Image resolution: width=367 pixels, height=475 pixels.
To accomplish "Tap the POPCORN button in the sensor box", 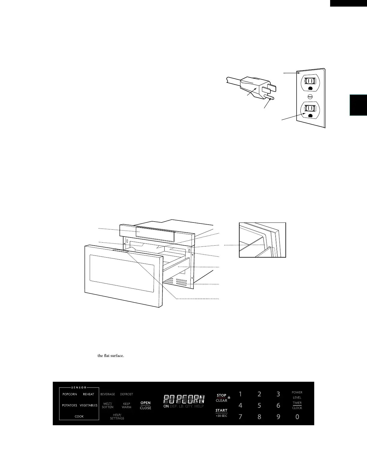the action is [70, 394].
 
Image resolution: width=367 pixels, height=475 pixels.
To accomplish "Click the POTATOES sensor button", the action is [70, 405].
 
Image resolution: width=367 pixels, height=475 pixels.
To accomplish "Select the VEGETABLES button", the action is [88, 405].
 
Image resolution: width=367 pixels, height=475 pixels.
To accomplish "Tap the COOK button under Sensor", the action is [79, 417].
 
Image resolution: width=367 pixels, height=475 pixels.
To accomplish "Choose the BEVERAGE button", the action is [108, 394].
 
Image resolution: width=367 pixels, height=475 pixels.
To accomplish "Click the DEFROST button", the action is [127, 394].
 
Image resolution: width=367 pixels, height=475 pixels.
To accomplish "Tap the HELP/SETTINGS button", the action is [117, 417].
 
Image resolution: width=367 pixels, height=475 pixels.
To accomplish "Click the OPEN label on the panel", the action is [145, 403].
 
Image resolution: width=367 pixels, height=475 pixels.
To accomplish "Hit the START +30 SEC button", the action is [221, 413].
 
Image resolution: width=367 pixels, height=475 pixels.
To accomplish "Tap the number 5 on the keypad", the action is [259, 405].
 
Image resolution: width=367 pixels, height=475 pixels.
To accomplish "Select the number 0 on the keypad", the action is [297, 417].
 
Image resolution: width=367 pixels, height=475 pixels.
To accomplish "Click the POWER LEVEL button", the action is [297, 395].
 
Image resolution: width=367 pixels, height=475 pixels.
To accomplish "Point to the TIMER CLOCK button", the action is [297, 405].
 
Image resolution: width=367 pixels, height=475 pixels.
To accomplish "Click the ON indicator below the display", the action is [166, 406].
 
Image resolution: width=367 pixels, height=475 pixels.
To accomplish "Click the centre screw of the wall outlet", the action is [310, 97].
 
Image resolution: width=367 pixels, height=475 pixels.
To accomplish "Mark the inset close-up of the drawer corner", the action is [262, 240].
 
